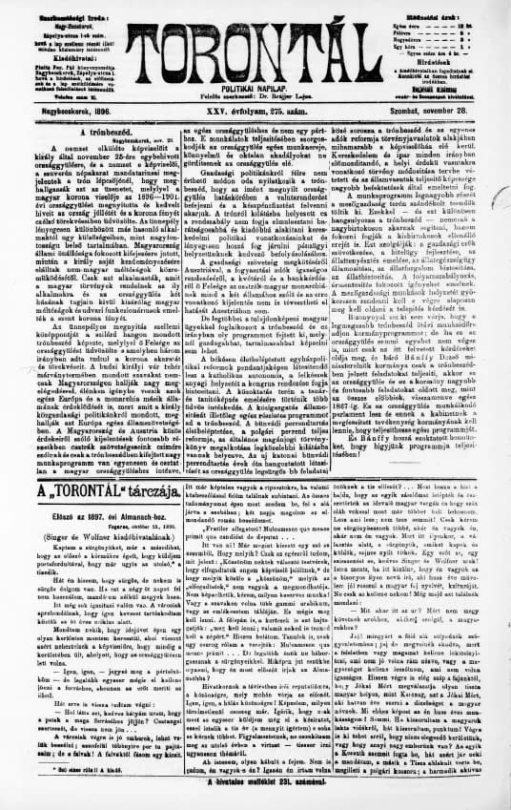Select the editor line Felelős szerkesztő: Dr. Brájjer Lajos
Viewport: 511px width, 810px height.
click(x=256, y=99)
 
